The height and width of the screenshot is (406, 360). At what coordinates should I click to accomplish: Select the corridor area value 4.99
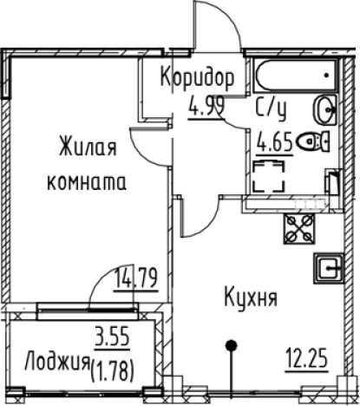(x=205, y=109)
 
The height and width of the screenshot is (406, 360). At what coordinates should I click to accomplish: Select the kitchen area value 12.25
(x=308, y=356)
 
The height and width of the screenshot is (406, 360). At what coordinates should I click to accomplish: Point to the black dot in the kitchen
(x=231, y=346)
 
